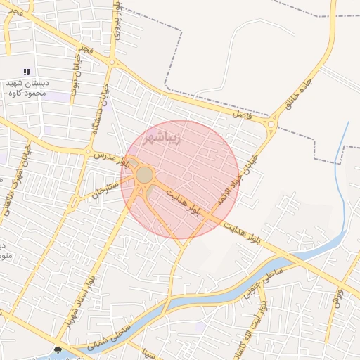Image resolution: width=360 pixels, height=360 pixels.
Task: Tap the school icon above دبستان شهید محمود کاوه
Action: (27, 72)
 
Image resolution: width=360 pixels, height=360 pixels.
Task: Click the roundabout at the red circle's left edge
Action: (145, 174)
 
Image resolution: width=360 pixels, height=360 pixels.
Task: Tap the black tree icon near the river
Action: (58, 349)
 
